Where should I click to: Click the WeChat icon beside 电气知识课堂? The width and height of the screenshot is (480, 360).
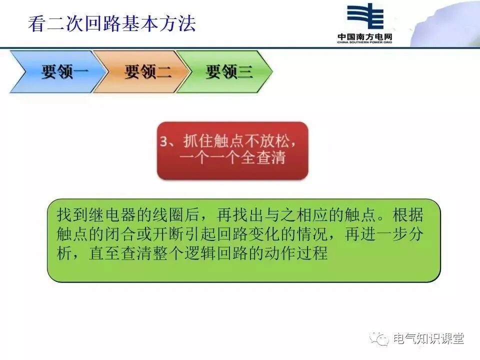pos(381,339)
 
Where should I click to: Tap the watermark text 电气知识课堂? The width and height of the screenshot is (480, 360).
pos(428,339)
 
